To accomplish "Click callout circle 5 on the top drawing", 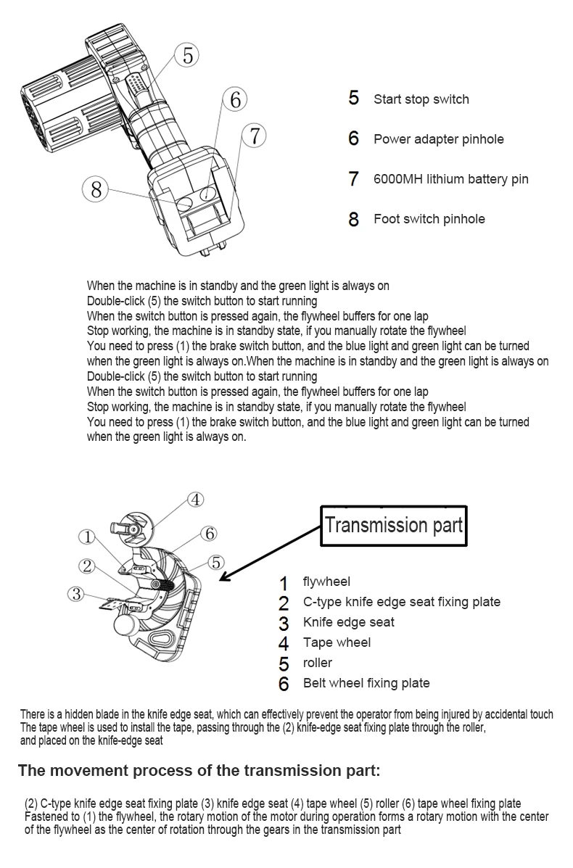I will click(x=187, y=55).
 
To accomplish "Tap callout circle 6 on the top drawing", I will click(x=235, y=99).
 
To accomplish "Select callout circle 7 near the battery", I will click(x=253, y=136).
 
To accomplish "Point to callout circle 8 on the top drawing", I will click(x=96, y=190).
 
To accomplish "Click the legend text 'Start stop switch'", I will click(x=421, y=99).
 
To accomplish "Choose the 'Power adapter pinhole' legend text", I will click(x=438, y=139).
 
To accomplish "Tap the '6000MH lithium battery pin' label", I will click(x=450, y=179).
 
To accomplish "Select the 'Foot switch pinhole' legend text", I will click(x=429, y=219).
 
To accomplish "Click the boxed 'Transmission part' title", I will click(x=393, y=525).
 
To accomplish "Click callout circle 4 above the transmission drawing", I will click(x=196, y=499).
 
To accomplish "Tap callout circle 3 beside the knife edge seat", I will click(x=76, y=594).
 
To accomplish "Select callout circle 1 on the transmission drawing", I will click(x=87, y=537).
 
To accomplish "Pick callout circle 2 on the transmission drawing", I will click(x=87, y=566).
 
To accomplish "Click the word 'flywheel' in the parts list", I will click(x=326, y=582).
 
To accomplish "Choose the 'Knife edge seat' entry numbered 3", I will click(x=349, y=622).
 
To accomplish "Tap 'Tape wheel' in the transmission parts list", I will click(x=337, y=642).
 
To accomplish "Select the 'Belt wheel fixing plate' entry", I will click(x=366, y=683).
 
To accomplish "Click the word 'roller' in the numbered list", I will click(x=318, y=663).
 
